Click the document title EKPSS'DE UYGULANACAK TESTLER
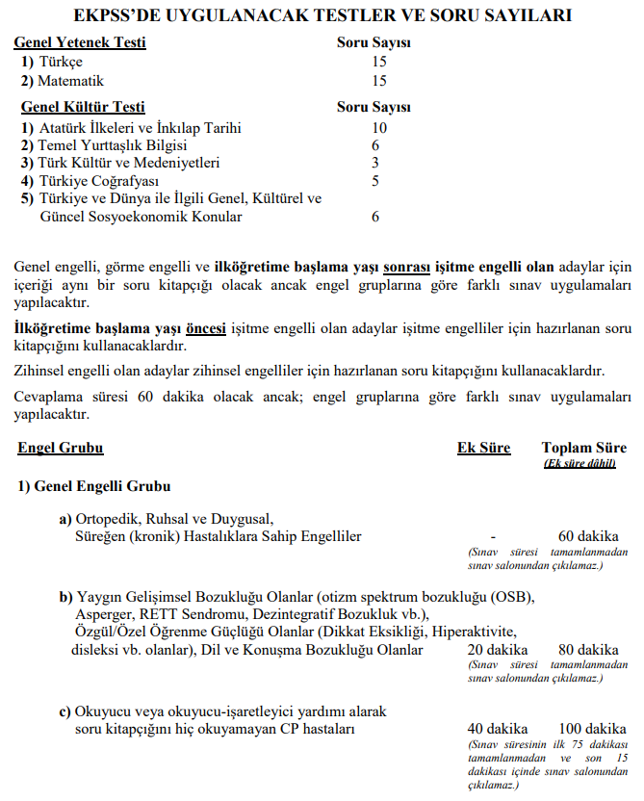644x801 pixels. tap(322, 16)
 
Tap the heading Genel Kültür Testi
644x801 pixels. tap(80, 107)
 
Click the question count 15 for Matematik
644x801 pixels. tap(379, 81)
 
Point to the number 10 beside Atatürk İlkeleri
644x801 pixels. tap(379, 127)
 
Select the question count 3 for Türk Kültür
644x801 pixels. tap(375, 162)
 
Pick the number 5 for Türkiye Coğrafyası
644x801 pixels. tap(375, 180)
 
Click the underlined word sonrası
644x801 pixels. tap(405, 263)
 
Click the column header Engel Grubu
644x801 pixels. tap(60, 448)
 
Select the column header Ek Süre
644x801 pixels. tap(483, 448)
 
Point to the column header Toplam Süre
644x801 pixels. tap(584, 448)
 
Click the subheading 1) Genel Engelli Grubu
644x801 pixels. tap(94, 486)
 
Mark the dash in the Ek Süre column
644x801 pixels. tap(493, 536)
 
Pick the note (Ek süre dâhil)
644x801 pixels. tap(583, 463)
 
